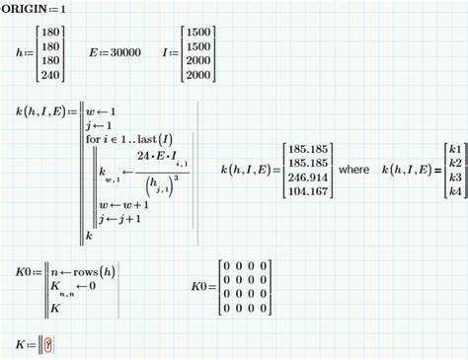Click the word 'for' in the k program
coord(94,139)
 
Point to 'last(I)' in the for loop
coord(152,139)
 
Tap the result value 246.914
coord(306,178)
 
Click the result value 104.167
coord(306,191)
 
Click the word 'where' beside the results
coord(353,170)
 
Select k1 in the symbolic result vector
coord(454,149)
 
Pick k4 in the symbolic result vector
coord(454,191)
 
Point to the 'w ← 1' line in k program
coord(102,111)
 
